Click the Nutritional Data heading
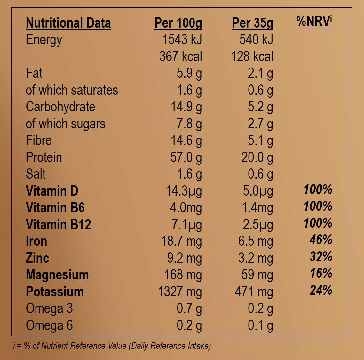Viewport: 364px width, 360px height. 68,23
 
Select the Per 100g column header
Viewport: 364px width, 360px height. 178,23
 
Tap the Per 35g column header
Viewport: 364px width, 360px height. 253,23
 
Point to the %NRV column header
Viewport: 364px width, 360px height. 314,21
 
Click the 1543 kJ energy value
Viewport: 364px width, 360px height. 182,40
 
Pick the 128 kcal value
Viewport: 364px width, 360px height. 252,57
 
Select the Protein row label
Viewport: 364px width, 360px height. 44,157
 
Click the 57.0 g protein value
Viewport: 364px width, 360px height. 186,157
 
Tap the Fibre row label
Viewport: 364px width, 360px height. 39,140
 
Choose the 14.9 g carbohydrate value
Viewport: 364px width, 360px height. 186,107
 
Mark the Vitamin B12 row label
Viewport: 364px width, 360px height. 58,224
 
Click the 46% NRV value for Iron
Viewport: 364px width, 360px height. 321,240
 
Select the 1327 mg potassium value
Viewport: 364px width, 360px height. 180,292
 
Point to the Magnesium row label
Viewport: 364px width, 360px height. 57,275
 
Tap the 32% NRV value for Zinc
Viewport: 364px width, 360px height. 321,257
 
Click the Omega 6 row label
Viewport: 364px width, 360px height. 49,325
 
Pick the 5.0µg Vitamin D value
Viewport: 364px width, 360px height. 258,191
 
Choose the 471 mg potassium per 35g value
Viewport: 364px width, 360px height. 254,292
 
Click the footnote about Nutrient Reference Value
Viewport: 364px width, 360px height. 112,346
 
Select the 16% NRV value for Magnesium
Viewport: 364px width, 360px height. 321,273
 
